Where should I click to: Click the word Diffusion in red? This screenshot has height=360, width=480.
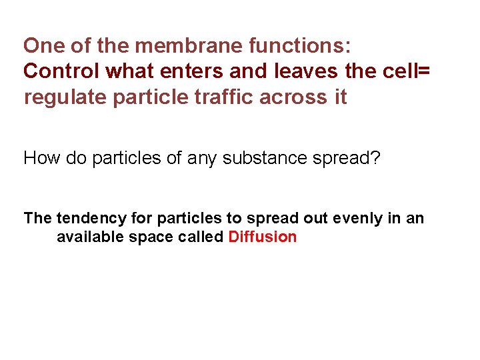[x=262, y=237]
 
